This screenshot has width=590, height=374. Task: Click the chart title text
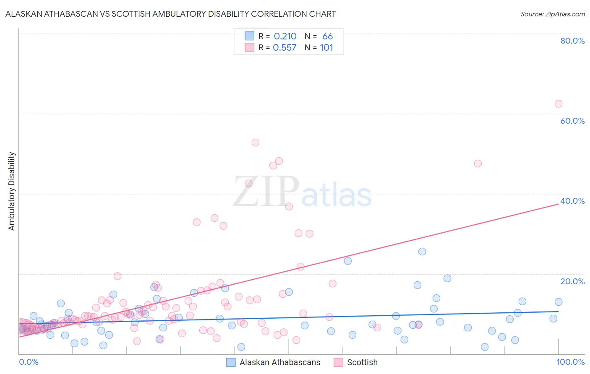tap(170, 14)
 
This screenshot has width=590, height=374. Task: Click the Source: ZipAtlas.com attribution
tap(552, 14)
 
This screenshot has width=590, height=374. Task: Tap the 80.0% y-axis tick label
tap(572, 41)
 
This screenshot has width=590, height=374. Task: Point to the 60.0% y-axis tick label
tap(572, 121)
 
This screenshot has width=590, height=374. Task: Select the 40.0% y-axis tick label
tap(572, 201)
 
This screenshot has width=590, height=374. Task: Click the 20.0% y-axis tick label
tap(572, 281)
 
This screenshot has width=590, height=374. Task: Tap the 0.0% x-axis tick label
tap(29, 362)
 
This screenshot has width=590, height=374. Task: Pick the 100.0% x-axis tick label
tap(570, 362)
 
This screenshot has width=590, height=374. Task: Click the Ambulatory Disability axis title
tap(12, 191)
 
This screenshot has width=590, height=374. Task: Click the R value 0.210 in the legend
tap(285, 36)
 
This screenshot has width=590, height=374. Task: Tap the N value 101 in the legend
tap(326, 48)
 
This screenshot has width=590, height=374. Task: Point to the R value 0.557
tap(285, 48)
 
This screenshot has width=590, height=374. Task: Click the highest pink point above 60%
tap(558, 104)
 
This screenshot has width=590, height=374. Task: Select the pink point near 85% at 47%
tap(478, 164)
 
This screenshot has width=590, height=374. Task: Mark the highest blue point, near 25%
tap(422, 252)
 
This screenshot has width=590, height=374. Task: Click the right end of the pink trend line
tap(559, 204)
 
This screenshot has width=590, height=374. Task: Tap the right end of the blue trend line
tap(559, 312)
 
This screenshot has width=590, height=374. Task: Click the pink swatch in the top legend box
tap(249, 48)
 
